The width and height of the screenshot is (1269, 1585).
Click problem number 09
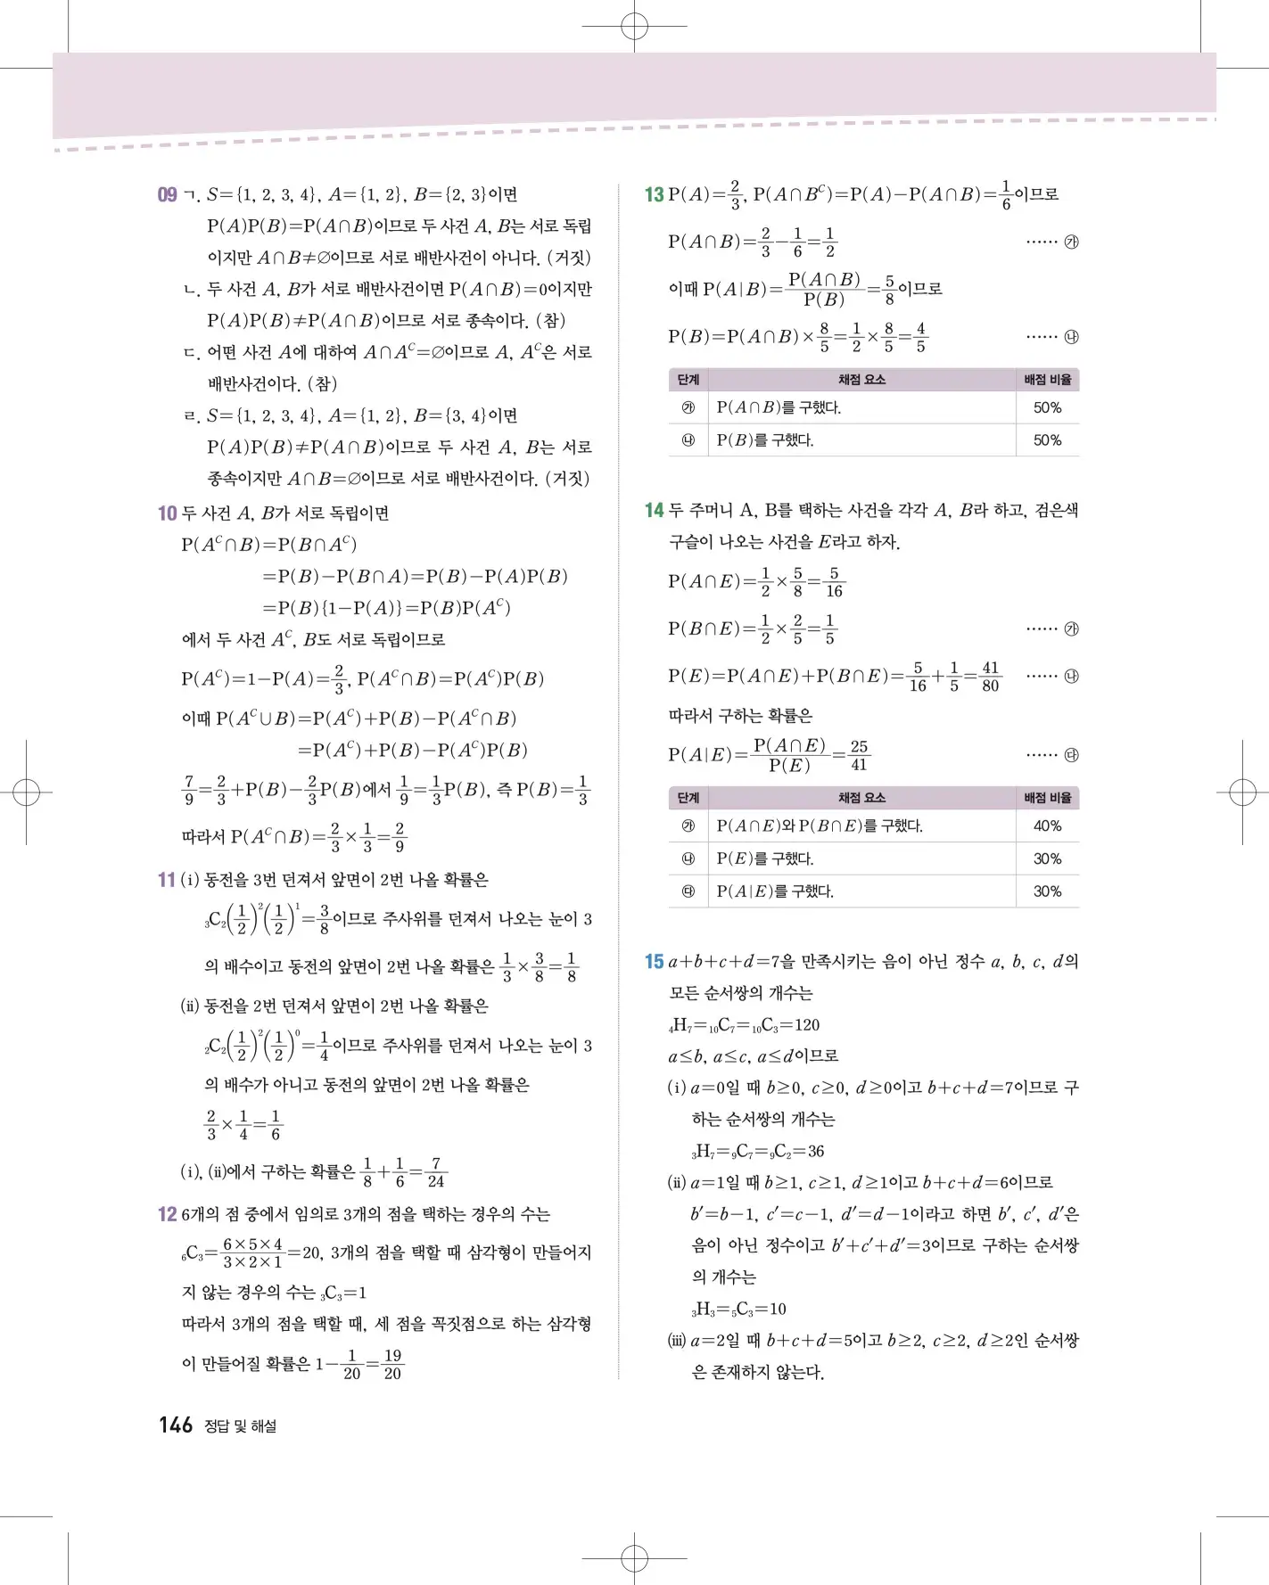(x=167, y=194)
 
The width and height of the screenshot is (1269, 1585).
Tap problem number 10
(x=167, y=513)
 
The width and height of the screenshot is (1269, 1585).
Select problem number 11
(x=167, y=880)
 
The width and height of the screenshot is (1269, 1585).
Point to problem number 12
(x=167, y=1214)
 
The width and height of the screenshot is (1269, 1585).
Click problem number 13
(x=654, y=194)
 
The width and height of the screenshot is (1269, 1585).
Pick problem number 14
(x=654, y=510)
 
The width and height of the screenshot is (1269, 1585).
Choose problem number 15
(x=654, y=962)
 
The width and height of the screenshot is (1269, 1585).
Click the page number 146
(x=176, y=1425)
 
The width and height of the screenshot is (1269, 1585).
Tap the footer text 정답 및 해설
(x=240, y=1426)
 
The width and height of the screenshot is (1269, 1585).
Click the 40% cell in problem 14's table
(x=1047, y=826)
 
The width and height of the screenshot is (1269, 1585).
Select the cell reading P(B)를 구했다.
(x=765, y=440)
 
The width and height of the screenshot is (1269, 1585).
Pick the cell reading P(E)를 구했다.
(x=765, y=859)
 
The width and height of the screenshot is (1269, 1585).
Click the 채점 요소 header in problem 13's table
(x=861, y=380)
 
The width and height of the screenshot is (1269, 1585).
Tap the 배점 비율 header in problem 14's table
(x=1047, y=798)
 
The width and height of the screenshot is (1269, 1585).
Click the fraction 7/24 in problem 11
(x=435, y=1172)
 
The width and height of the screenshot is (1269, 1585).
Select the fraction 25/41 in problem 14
(x=859, y=755)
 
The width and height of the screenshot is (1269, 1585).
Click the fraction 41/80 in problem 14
(x=990, y=677)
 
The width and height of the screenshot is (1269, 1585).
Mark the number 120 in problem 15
(x=806, y=1025)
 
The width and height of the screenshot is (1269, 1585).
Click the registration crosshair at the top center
(x=634, y=27)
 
